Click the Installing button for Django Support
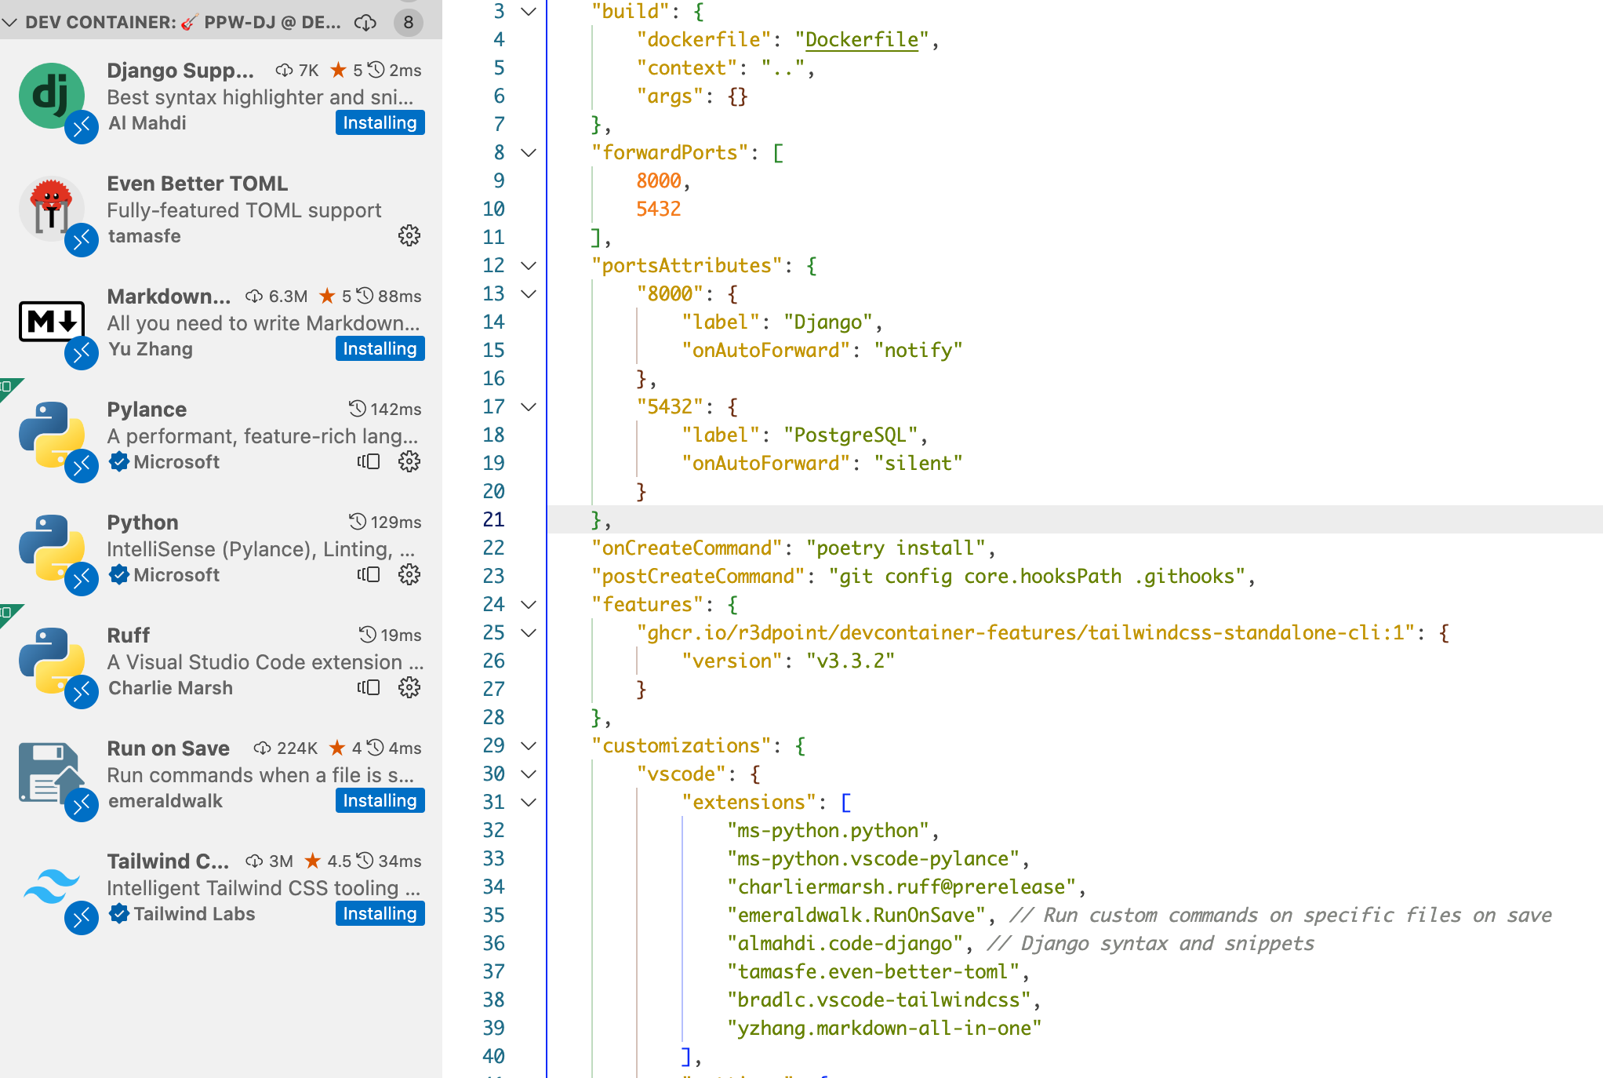(x=380, y=123)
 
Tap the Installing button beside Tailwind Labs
(x=380, y=914)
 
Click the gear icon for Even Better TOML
(x=409, y=235)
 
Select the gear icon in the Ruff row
(x=409, y=687)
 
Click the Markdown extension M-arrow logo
(x=52, y=321)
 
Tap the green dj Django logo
(x=52, y=96)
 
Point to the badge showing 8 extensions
(x=408, y=22)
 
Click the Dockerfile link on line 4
(x=861, y=40)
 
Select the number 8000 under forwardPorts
(x=659, y=181)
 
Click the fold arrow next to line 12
(x=529, y=266)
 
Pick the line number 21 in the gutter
(x=493, y=519)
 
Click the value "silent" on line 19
(x=918, y=464)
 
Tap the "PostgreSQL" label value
(x=850, y=435)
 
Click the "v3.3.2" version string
(x=850, y=661)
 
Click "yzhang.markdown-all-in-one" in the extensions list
(x=884, y=1029)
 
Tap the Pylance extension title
(x=147, y=410)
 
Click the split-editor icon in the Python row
(x=369, y=574)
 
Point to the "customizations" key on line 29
(x=681, y=746)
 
